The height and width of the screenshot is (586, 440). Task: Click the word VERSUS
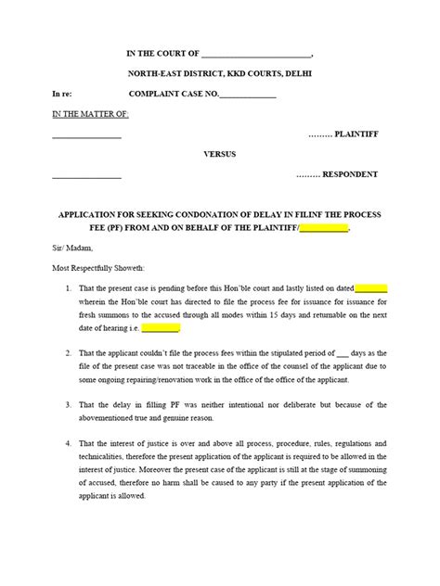click(220, 155)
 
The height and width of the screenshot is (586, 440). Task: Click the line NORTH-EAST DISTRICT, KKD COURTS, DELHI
click(219, 72)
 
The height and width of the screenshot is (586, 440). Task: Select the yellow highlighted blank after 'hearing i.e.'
click(161, 327)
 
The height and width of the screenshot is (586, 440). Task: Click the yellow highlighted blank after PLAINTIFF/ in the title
click(324, 228)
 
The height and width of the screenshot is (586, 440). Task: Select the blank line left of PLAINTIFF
click(86, 135)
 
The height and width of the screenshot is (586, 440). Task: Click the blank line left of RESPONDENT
click(86, 175)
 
